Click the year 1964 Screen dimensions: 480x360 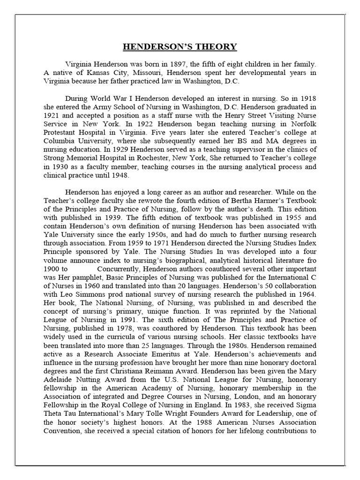tap(307, 294)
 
